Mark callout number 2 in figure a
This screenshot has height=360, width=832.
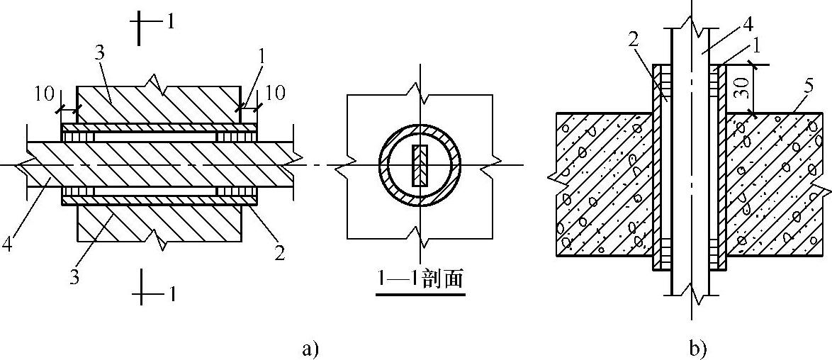point(280,252)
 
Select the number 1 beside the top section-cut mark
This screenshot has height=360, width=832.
point(171,21)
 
